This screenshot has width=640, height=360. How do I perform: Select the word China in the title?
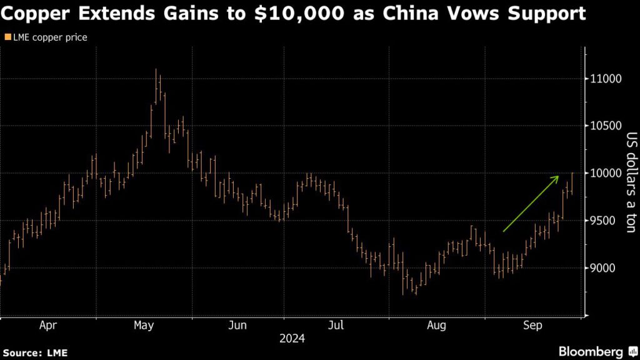point(414,14)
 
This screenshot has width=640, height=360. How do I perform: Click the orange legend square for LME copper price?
point(7,37)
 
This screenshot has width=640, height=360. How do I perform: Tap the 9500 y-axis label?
point(604,221)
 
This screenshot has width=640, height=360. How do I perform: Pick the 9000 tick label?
point(604,268)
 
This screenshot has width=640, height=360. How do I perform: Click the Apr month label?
point(48,326)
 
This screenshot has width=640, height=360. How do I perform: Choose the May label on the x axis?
point(144,326)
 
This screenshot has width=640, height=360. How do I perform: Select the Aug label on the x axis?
point(437,326)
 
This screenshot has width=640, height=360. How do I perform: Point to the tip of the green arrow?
point(558,176)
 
